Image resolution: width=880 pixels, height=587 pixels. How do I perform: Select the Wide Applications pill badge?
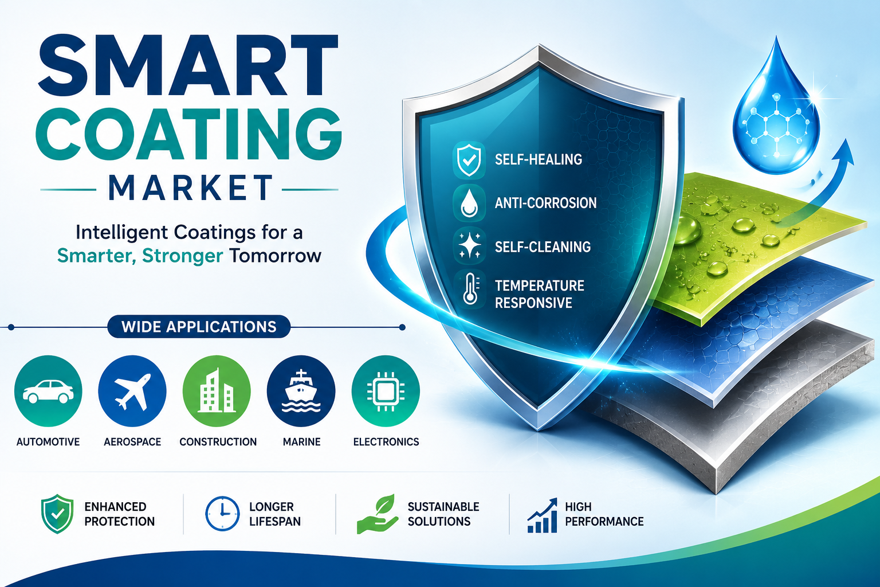(199, 327)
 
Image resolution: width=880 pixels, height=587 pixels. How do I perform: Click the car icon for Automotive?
(48, 391)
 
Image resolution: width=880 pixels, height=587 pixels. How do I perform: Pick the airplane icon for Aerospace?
(132, 391)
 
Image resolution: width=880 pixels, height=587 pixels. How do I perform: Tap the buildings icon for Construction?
(217, 391)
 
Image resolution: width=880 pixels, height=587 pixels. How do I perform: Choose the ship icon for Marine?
(301, 391)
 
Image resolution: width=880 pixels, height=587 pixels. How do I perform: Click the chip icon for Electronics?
(386, 391)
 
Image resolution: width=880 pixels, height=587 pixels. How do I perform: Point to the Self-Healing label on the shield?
(538, 159)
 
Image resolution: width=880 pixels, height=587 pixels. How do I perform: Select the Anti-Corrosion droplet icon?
(469, 204)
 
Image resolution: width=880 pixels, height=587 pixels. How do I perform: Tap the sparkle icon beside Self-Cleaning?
(469, 246)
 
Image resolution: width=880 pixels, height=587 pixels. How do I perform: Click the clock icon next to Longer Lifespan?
(222, 514)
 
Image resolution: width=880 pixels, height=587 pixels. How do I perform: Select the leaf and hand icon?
(377, 514)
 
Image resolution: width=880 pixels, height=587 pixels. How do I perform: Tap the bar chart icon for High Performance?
(543, 515)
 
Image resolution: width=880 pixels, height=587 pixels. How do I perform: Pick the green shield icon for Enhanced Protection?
(57, 514)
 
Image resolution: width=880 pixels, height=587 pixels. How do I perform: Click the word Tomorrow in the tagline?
(276, 256)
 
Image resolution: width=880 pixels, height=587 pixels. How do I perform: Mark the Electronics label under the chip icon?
(386, 442)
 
